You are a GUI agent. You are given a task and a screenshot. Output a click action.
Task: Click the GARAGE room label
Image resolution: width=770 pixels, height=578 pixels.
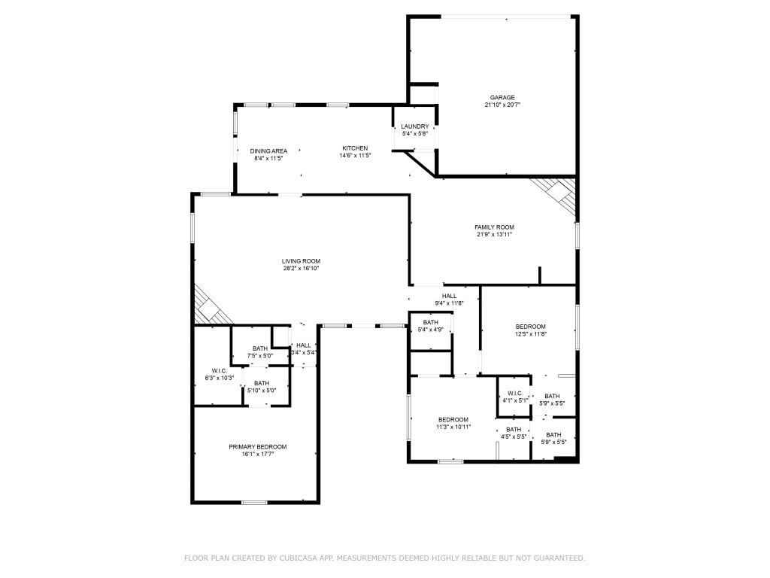(x=502, y=97)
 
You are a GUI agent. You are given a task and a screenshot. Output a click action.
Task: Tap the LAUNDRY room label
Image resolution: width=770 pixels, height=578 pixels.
(x=415, y=126)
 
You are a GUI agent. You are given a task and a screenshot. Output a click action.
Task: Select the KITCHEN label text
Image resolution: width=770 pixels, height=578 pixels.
(x=355, y=148)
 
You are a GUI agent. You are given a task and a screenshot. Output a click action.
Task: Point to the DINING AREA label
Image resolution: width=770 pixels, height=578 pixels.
(x=268, y=151)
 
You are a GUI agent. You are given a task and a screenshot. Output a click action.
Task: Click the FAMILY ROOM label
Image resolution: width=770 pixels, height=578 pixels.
(x=494, y=227)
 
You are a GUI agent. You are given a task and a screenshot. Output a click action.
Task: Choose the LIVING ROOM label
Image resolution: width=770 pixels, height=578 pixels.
(x=301, y=261)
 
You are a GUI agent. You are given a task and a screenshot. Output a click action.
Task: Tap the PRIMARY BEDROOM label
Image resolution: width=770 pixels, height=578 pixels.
(x=258, y=446)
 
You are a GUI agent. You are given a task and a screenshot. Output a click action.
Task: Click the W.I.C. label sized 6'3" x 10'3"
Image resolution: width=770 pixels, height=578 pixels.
(x=220, y=370)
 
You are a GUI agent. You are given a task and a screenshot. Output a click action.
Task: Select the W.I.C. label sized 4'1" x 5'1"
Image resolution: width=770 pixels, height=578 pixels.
(x=515, y=393)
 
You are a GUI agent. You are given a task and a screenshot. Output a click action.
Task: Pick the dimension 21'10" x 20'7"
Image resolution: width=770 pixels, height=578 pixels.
(x=502, y=105)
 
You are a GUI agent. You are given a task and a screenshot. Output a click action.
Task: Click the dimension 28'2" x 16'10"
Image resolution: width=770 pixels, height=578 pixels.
(x=301, y=269)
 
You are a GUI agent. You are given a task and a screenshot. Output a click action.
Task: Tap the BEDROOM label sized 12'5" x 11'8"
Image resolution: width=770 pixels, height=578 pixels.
(x=530, y=326)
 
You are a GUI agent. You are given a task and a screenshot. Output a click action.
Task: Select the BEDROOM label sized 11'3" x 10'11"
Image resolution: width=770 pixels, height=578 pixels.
(x=453, y=419)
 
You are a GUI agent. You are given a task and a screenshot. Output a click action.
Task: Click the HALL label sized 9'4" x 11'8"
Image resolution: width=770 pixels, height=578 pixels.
(x=449, y=296)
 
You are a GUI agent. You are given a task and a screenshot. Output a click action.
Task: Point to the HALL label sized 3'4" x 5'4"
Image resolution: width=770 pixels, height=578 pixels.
(x=304, y=345)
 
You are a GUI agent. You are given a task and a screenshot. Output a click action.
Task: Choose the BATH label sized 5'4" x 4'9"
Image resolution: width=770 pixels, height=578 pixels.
(x=430, y=322)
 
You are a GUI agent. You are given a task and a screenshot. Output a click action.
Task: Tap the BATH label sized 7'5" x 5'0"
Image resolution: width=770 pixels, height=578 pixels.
(x=260, y=348)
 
